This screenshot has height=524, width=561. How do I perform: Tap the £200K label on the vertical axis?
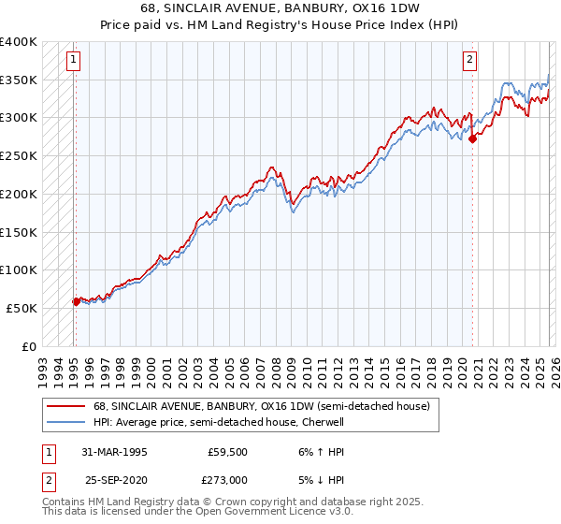click(19, 194)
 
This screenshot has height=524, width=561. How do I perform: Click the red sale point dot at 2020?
click(472, 139)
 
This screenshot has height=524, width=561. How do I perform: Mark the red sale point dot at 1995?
click(77, 301)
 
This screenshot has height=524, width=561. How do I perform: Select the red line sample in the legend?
click(65, 407)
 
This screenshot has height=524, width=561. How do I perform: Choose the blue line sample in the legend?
click(65, 422)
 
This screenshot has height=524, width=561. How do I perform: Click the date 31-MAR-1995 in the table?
click(115, 451)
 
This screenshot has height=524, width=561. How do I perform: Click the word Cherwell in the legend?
click(323, 422)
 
